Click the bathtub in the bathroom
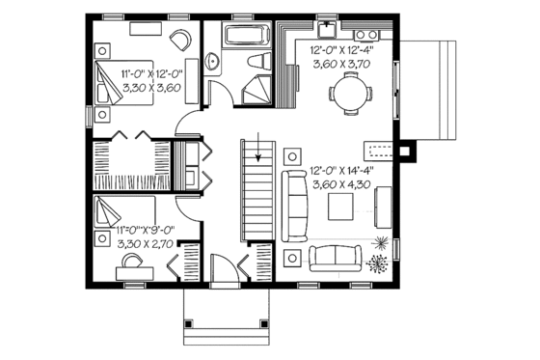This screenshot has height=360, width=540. tap(247, 37)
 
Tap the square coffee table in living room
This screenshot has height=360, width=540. tap(340, 207)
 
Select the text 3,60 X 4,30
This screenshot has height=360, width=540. tap(342, 182)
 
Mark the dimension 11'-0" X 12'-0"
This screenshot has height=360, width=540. tap(151, 73)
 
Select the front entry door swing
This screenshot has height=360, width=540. tap(223, 267)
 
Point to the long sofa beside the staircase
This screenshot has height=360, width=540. tap(292, 204)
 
